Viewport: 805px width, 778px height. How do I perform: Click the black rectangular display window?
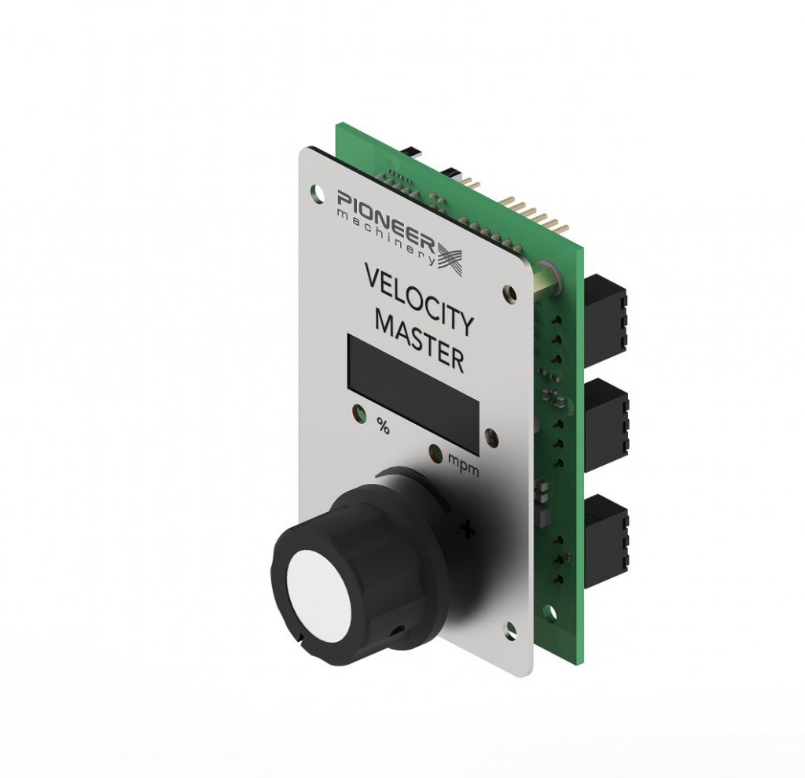[x=414, y=393]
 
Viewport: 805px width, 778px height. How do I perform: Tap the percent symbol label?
[x=383, y=425]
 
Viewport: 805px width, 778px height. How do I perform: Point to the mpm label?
[x=464, y=463]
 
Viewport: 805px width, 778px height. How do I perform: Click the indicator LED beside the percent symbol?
[x=358, y=413]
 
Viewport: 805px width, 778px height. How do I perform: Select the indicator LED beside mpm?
[x=437, y=453]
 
